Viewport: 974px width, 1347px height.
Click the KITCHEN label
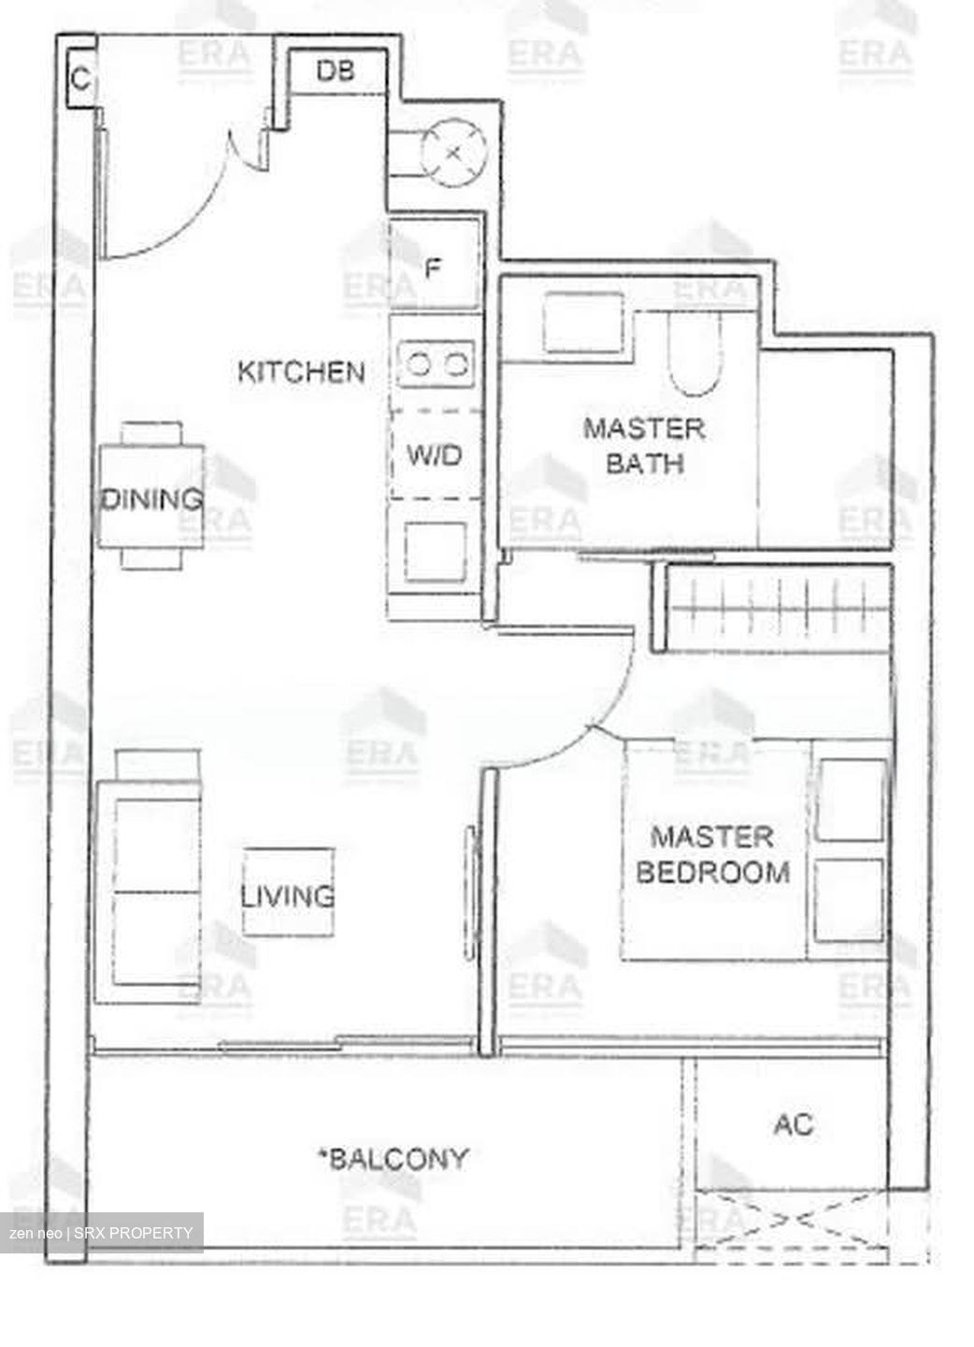[x=301, y=371]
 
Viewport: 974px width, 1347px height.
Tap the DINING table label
[x=151, y=498]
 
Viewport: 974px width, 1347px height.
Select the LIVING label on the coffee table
[x=288, y=895]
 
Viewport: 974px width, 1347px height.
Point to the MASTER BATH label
[x=644, y=445]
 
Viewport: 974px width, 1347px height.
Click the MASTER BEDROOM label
[x=712, y=854]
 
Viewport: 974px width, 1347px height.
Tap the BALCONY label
[x=393, y=1159]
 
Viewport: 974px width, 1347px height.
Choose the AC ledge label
[x=793, y=1123]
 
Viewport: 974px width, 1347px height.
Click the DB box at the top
[x=336, y=70]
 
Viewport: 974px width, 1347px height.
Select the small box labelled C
[x=81, y=79]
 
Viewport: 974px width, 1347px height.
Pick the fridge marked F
[x=434, y=268]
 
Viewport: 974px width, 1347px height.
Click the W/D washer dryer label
[x=435, y=456]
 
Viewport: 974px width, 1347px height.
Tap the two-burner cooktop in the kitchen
[x=436, y=363]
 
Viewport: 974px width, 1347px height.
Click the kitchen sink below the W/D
[x=435, y=550]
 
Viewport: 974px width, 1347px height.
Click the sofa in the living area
[x=150, y=889]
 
